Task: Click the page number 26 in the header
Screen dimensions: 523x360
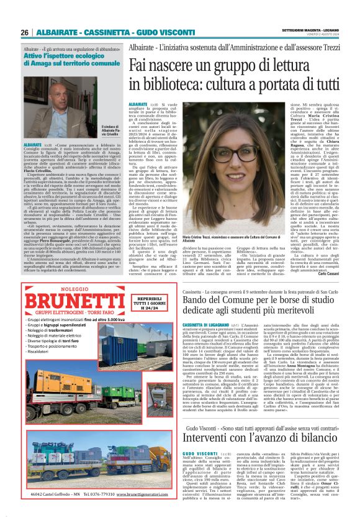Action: click(x=25, y=32)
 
